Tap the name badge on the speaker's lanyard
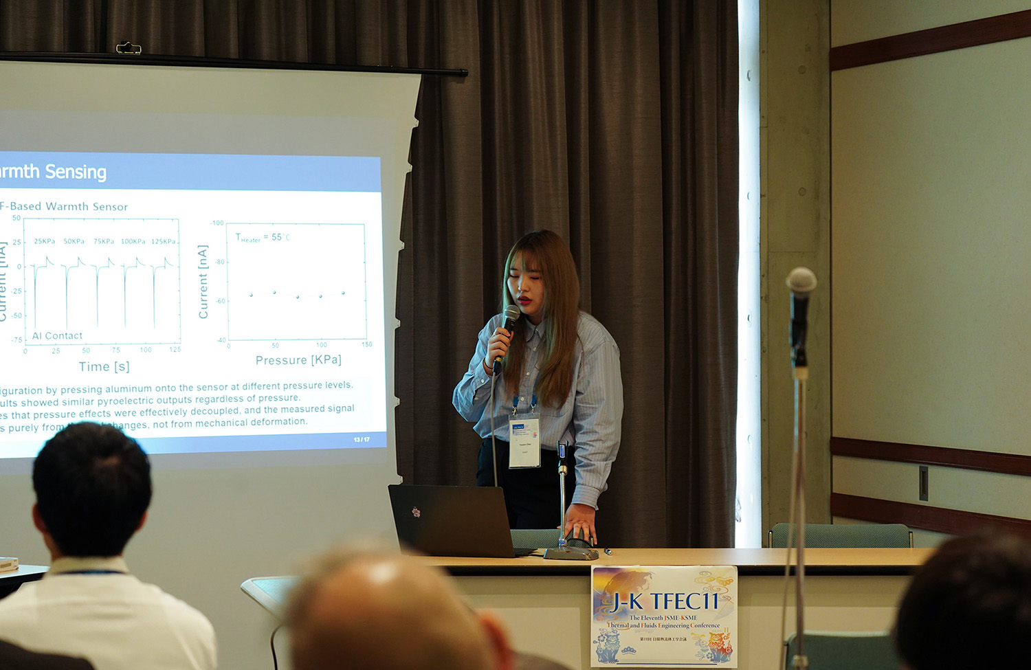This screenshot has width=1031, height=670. (x=524, y=440)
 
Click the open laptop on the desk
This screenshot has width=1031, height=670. (x=451, y=520)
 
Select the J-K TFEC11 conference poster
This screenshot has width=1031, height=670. (x=663, y=616)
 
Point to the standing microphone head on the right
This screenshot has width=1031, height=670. (x=801, y=281)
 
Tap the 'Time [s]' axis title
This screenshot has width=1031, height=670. (x=104, y=367)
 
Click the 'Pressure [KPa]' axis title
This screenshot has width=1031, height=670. (x=298, y=360)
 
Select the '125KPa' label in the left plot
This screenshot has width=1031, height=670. (x=164, y=242)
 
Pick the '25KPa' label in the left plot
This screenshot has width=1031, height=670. (x=44, y=242)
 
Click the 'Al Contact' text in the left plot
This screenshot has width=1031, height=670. (x=57, y=336)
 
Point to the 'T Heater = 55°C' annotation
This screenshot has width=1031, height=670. (x=263, y=238)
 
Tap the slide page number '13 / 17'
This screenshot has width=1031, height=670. (x=362, y=440)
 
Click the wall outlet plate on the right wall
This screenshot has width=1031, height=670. (x=923, y=483)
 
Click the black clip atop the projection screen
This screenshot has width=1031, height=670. (x=129, y=48)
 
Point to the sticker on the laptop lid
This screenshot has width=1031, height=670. (x=416, y=512)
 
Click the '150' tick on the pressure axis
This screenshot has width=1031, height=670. (x=367, y=345)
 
